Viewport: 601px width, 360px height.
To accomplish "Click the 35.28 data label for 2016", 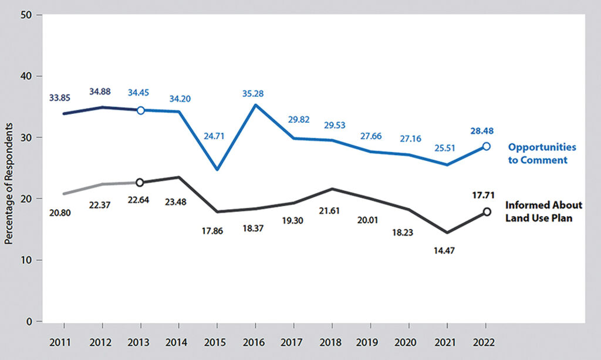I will pyautogui.click(x=256, y=93).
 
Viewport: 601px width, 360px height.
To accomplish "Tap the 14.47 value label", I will pyautogui.click(x=447, y=250).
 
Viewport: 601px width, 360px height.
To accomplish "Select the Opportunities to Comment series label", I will pyautogui.click(x=541, y=153).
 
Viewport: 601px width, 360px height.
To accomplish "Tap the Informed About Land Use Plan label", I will pyautogui.click(x=544, y=211).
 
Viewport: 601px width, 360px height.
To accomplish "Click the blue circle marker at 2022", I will pyautogui.click(x=486, y=146).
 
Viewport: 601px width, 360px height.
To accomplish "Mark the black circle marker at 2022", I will pyautogui.click(x=486, y=212).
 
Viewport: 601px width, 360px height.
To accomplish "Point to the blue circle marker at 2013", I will pyautogui.click(x=140, y=110).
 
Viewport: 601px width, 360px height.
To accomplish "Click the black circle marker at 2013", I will pyautogui.click(x=140, y=183).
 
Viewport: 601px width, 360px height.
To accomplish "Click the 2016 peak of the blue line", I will pyautogui.click(x=256, y=105).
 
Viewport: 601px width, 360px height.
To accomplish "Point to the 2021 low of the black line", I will pyautogui.click(x=447, y=233).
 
